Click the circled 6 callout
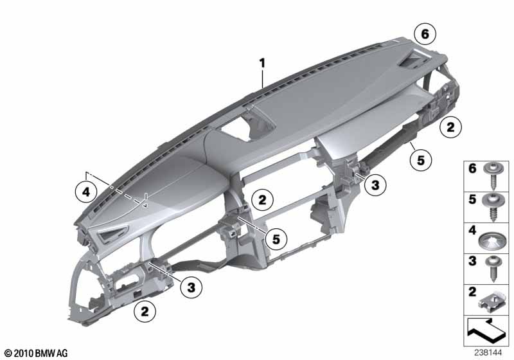point(425,34)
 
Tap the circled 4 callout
point(86,192)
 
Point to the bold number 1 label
point(262,63)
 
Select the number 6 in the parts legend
point(472,168)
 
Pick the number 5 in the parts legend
point(472,199)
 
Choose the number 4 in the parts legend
point(472,230)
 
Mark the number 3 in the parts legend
point(472,261)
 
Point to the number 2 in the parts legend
point(472,291)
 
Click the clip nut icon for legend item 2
point(491,301)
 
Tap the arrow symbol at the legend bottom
point(486,331)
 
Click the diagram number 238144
point(488,353)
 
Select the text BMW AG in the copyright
point(51,353)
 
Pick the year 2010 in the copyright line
point(24,353)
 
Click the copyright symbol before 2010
point(8,354)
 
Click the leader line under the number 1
point(263,78)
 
